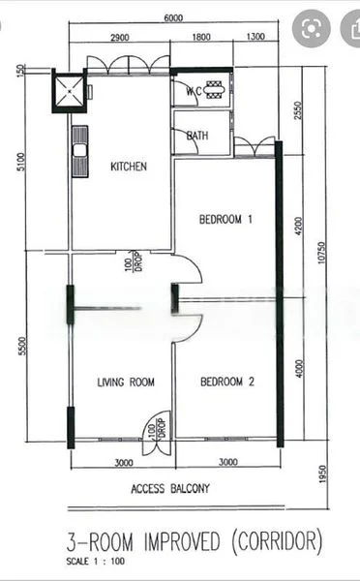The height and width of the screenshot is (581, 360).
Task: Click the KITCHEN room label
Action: click(x=129, y=167)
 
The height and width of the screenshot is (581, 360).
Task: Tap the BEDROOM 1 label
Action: click(x=225, y=219)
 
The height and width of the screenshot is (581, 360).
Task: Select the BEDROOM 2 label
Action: click(x=226, y=382)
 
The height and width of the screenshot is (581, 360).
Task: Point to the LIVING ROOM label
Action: click(x=126, y=382)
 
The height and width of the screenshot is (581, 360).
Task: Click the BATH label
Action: click(x=197, y=136)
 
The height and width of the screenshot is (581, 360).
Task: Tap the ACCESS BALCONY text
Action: click(x=169, y=488)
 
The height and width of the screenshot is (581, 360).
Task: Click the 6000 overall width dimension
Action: click(x=174, y=18)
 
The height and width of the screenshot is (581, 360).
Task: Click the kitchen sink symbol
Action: click(x=78, y=147)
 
